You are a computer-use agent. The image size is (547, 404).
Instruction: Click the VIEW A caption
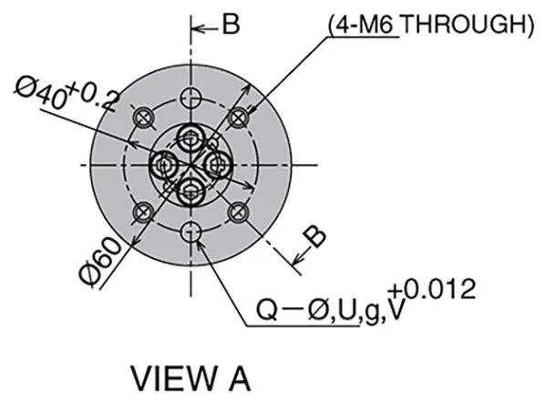click(191, 378)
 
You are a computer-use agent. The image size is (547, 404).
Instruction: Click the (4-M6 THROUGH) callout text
click(431, 25)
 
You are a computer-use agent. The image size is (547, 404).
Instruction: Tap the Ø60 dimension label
click(100, 261)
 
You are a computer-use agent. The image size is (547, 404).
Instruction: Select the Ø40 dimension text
click(41, 93)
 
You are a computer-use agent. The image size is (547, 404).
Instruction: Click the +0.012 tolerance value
click(432, 289)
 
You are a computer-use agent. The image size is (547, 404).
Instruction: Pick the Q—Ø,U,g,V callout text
click(331, 310)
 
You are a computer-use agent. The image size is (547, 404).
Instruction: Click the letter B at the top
click(231, 25)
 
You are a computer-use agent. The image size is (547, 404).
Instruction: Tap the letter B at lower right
click(314, 236)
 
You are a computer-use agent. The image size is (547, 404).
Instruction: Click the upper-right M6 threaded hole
click(239, 119)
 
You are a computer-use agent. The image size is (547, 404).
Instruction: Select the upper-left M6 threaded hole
click(143, 119)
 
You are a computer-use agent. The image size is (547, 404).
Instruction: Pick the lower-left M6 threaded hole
click(143, 212)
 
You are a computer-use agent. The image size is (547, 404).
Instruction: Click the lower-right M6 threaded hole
click(239, 212)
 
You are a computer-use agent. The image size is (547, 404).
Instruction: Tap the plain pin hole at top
click(191, 98)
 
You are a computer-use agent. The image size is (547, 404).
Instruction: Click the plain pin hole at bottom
click(191, 231)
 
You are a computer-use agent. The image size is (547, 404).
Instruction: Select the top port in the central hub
click(191, 139)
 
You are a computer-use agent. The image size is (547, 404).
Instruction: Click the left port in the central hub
click(163, 165)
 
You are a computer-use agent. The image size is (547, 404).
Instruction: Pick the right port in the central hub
click(217, 165)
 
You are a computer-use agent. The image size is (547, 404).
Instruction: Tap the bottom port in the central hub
click(191, 191)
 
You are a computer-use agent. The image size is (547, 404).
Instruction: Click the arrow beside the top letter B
click(205, 28)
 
